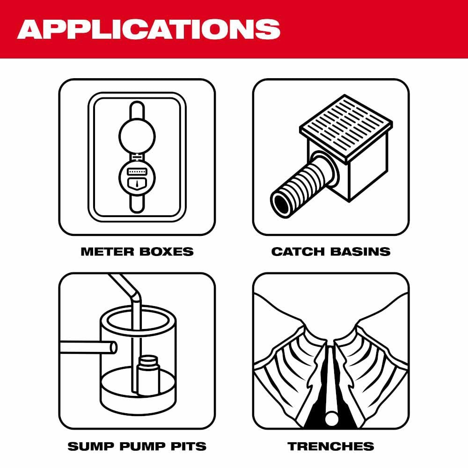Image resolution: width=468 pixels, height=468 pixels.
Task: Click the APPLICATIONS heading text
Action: pyautogui.click(x=148, y=29)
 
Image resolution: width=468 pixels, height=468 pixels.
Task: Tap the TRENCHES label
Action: pyautogui.click(x=331, y=446)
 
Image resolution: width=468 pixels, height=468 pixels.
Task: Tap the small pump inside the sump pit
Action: pyautogui.click(x=148, y=374)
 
